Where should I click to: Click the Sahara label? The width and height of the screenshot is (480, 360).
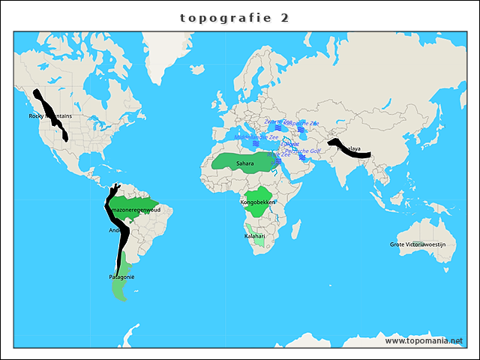point(244,163)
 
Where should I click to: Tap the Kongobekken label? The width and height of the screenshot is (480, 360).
point(257,202)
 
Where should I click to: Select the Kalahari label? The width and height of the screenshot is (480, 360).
point(255,236)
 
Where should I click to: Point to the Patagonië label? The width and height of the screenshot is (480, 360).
point(121,278)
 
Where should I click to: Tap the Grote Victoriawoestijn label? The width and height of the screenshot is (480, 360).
point(418,244)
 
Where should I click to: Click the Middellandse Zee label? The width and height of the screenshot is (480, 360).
point(256,138)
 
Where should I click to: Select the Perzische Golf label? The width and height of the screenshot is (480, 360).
point(302,151)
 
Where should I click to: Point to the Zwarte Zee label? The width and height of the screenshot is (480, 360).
point(277,121)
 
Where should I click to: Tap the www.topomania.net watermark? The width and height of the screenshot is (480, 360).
point(423,340)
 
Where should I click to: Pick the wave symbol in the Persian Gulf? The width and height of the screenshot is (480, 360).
point(303,157)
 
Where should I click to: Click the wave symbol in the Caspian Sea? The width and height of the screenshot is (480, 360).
point(301,129)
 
